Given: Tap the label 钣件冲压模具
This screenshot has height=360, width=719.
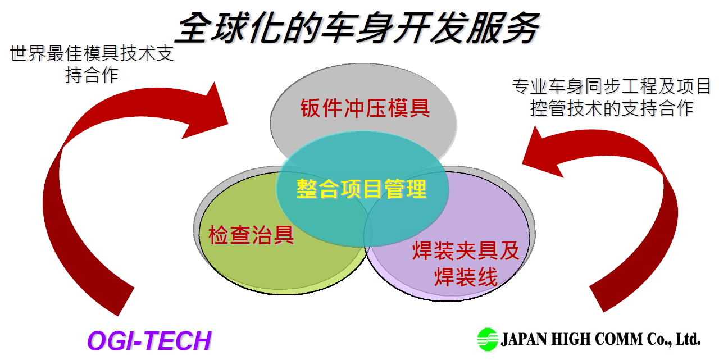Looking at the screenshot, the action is (365, 108).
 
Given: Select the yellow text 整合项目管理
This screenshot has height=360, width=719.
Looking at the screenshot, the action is (361, 189).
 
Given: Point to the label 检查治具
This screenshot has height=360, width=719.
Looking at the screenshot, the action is (251, 235).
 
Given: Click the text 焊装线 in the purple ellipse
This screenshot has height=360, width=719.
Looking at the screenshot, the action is (466, 276).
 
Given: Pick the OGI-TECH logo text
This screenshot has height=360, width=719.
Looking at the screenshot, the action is (149, 340).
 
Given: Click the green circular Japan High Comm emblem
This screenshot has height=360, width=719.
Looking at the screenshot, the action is (488, 339).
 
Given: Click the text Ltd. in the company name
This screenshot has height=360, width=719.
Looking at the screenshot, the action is (688, 339).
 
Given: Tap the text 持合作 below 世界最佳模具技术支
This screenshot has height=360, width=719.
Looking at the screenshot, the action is (92, 75).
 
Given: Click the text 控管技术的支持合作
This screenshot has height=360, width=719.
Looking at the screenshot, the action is (612, 108).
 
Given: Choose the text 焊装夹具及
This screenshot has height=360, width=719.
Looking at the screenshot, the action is (466, 250).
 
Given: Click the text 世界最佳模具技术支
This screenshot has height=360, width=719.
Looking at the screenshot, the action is (92, 53).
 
